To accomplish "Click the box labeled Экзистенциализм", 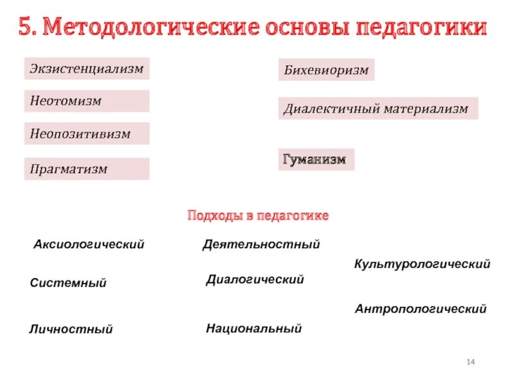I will (x=86, y=68).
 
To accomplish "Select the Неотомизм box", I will (x=86, y=101).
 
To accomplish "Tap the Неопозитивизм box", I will (x=86, y=133).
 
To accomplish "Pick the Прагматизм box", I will (x=86, y=169).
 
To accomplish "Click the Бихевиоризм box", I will (x=326, y=70).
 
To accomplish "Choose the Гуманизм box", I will (x=316, y=160).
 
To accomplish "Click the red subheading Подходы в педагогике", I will (x=258, y=216).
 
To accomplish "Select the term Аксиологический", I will (x=89, y=244).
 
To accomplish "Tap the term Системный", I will (x=68, y=284).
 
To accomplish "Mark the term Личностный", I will (x=71, y=329).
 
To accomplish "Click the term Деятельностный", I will (x=261, y=244).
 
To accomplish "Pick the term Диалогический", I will (x=255, y=279).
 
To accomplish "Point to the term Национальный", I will (x=254, y=328).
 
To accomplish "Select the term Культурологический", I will (x=422, y=264).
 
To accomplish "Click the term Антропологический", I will (x=420, y=310).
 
